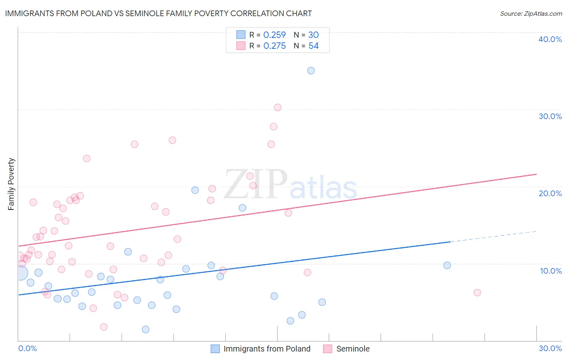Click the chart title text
point(158,13)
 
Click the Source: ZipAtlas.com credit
point(531,13)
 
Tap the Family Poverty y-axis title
point(11,184)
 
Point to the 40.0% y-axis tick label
point(550,39)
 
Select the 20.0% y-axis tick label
point(550,193)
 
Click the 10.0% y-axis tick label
point(550,271)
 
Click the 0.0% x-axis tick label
point(27,348)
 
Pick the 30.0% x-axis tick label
point(550,348)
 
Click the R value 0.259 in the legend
point(274,35)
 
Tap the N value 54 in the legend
point(313,46)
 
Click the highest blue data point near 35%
point(311,71)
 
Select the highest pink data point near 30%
point(278,107)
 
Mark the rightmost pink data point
point(477,293)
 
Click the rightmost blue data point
point(447,265)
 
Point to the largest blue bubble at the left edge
point(21,273)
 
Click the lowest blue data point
point(146,329)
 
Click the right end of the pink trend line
point(536,174)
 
